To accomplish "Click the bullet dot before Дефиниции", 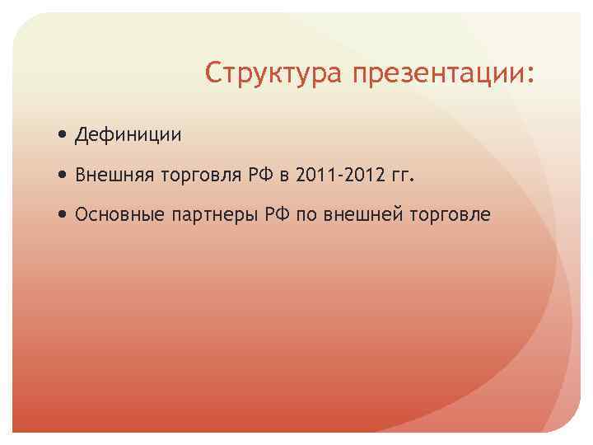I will (64, 133).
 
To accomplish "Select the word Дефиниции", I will (128, 133).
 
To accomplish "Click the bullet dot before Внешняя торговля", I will (64, 174).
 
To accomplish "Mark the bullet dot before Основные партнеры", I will (64, 215).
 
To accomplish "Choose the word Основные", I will (119, 215).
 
